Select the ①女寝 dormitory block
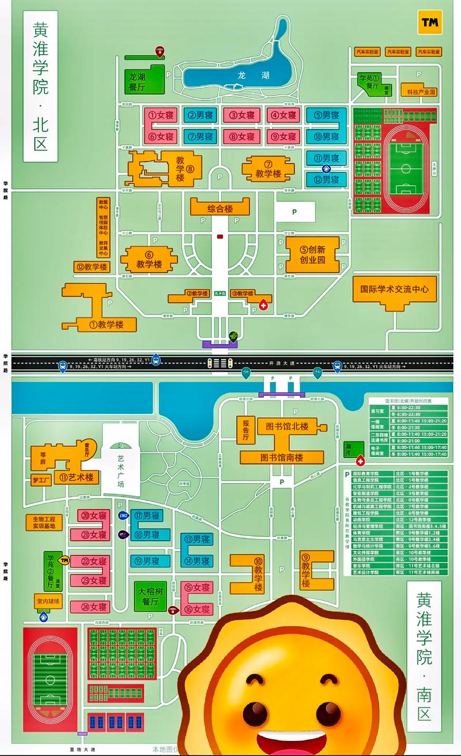[x=161, y=115]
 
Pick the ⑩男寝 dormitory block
[x=326, y=137]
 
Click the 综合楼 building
[x=220, y=208]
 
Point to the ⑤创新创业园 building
[x=312, y=255]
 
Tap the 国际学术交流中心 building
[x=395, y=290]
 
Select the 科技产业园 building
[x=422, y=92]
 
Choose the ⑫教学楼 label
[x=92, y=267]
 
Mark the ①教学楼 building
[x=106, y=324]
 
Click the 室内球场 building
[x=48, y=601]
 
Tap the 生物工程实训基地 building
[x=43, y=522]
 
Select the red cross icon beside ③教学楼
[x=263, y=304]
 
